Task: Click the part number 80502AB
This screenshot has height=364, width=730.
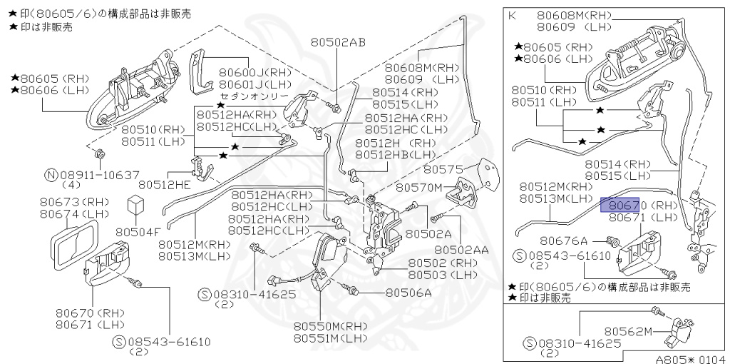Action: click(x=338, y=42)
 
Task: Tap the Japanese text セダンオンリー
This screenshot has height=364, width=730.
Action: click(x=255, y=96)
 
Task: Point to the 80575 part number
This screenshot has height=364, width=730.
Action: click(x=445, y=169)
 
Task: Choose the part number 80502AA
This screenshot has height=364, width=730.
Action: click(x=461, y=250)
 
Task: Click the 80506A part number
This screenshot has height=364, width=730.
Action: click(x=408, y=292)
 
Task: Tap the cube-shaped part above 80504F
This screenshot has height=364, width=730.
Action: click(x=135, y=206)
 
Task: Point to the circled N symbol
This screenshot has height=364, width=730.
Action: click(x=51, y=174)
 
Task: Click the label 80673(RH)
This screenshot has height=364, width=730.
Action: click(x=74, y=202)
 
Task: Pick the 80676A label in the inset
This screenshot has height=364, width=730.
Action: click(x=563, y=241)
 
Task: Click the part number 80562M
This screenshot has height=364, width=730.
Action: click(x=629, y=331)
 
